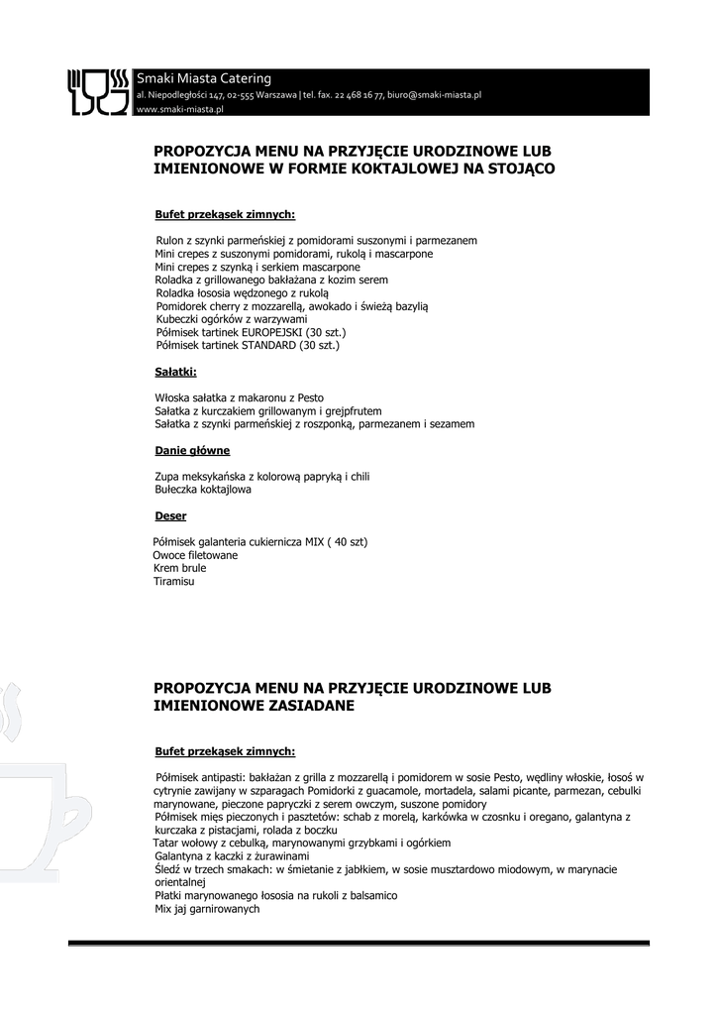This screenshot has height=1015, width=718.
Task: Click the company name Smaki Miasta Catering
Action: tap(204, 78)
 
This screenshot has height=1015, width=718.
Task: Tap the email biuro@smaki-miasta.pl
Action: tap(434, 95)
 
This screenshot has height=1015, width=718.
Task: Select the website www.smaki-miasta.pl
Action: tap(179, 109)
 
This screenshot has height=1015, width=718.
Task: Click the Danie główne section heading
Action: tap(192, 451)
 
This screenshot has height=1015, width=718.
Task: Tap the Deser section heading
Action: tap(170, 516)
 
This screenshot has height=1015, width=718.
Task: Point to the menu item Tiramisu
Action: tap(173, 582)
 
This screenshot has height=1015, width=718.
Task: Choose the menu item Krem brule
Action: tap(179, 569)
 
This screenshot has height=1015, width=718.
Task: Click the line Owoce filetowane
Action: tap(195, 556)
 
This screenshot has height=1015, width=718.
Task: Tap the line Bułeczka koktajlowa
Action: tap(203, 490)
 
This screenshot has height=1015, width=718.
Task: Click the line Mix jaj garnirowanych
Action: tap(207, 908)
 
